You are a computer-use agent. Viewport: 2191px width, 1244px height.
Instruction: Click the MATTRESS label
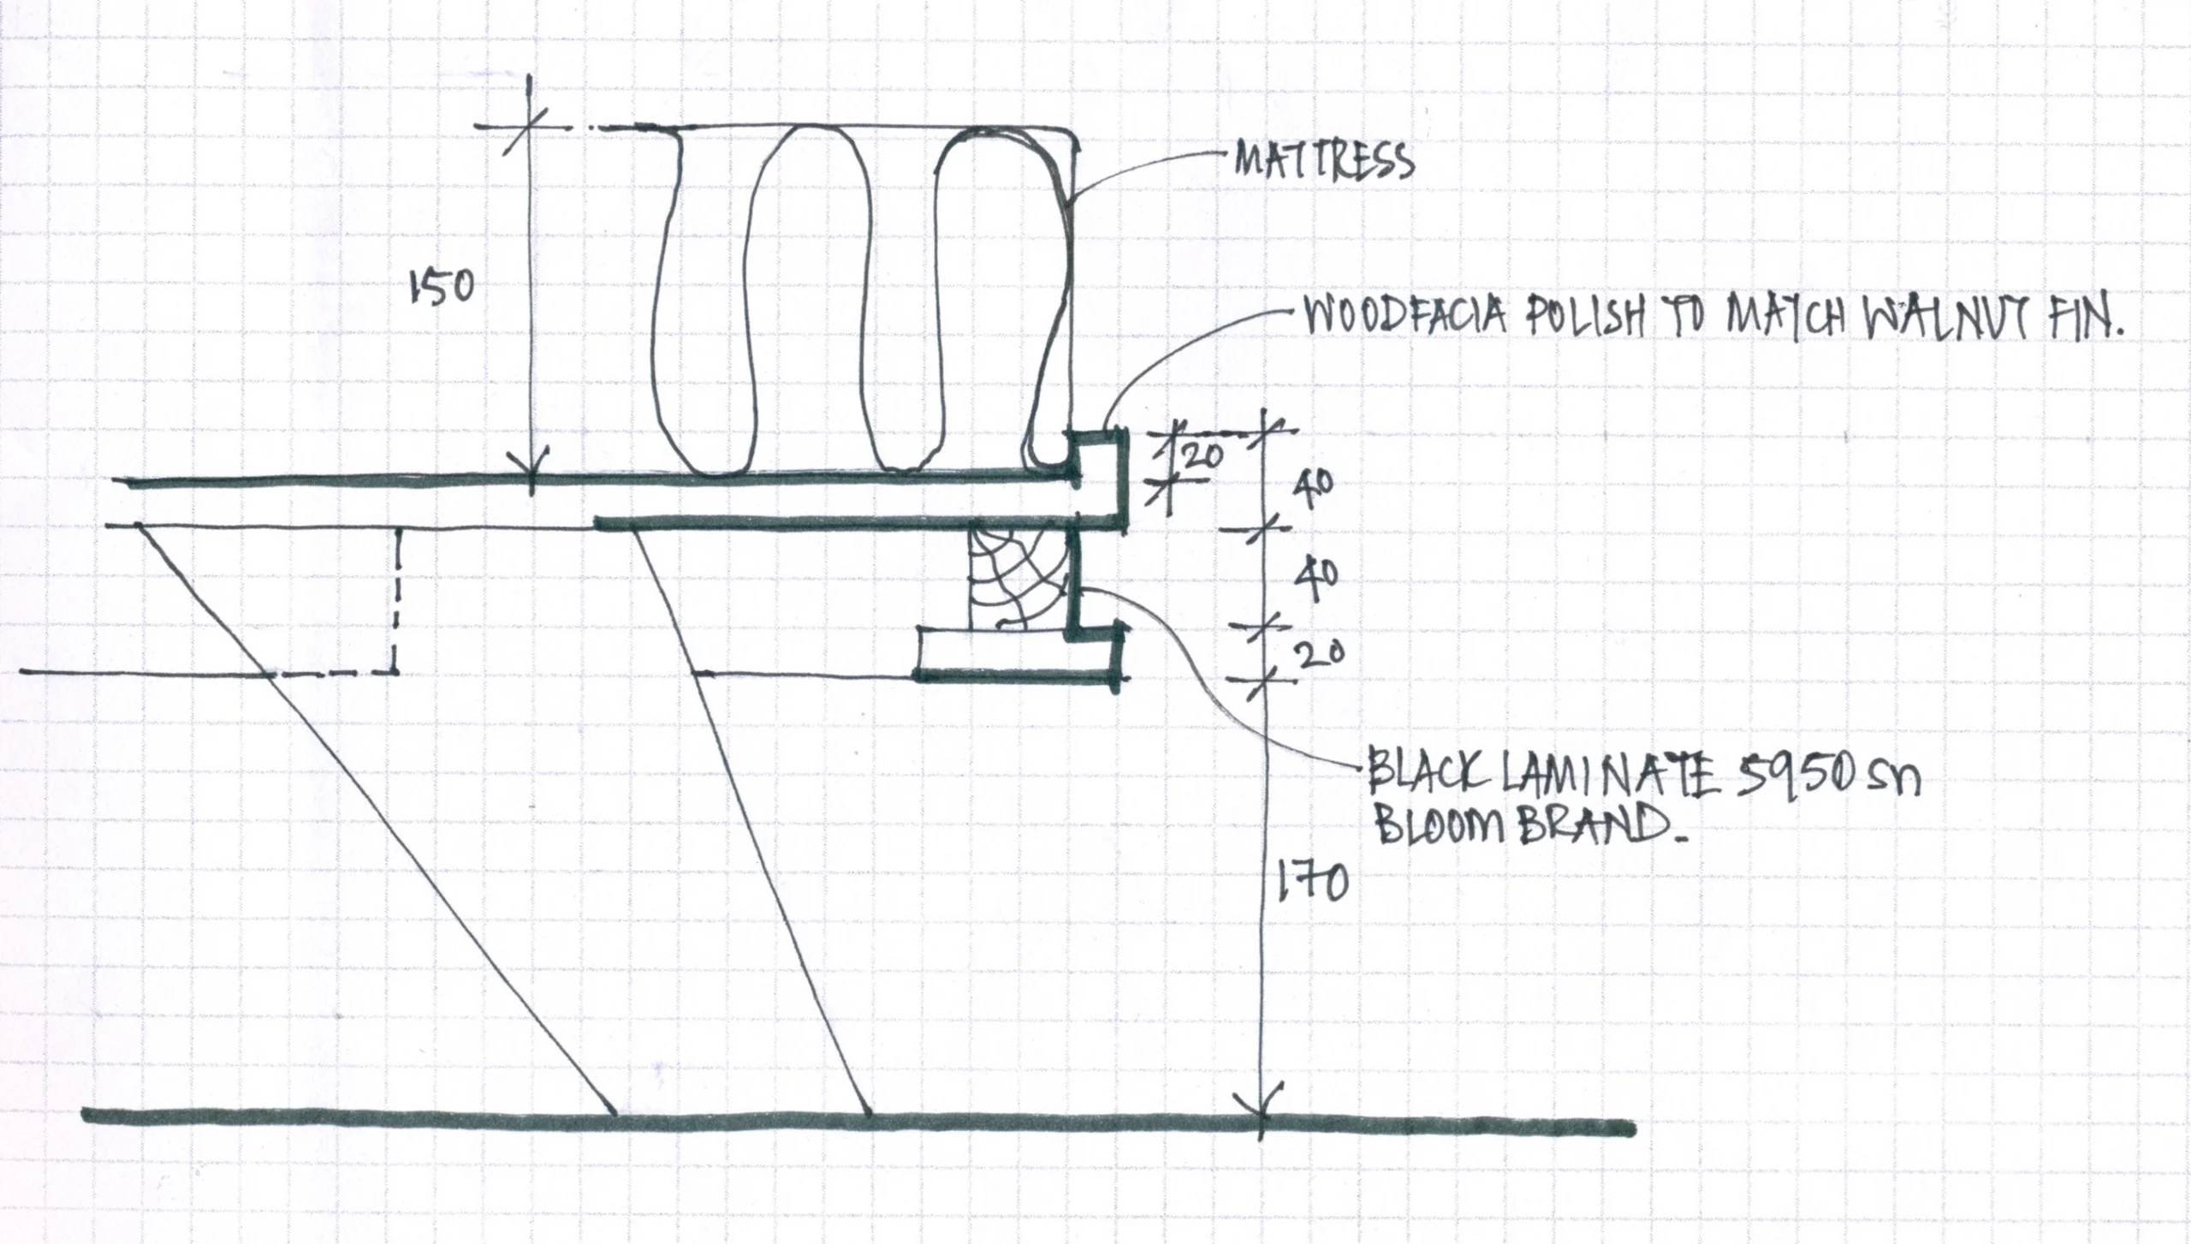click(x=1323, y=161)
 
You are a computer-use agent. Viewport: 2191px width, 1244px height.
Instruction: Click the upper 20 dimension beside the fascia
click(x=1202, y=457)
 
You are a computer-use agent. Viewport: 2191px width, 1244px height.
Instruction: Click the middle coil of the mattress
click(x=809, y=300)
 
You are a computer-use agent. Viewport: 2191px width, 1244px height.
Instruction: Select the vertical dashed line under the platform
click(x=398, y=599)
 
